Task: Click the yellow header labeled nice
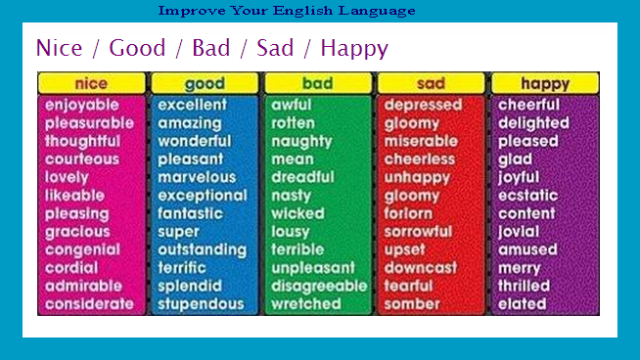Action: [91, 83]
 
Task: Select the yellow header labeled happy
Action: [545, 83]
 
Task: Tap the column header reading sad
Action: [431, 83]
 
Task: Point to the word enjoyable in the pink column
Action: [82, 106]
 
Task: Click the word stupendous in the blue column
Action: [201, 304]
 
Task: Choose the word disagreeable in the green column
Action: [319, 286]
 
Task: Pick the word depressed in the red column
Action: [424, 106]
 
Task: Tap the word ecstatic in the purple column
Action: [528, 196]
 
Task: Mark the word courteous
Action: [82, 159]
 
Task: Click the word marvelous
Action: [197, 177]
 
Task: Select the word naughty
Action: [302, 142]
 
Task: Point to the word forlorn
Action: [408, 213]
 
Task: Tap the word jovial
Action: [519, 232]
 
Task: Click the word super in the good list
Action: [179, 232]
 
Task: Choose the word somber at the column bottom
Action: [412, 304]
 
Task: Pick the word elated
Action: [523, 304]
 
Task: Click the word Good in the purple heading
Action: [137, 48]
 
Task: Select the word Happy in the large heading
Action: [354, 49]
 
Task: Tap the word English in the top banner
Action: [302, 11]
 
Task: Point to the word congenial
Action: [82, 250]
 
